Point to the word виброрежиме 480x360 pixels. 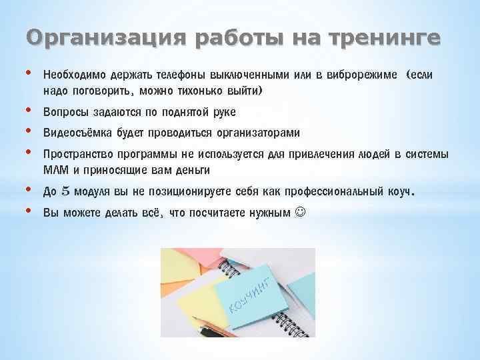pos(359,75)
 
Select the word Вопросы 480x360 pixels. pos(64,111)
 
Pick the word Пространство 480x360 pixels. pos(76,155)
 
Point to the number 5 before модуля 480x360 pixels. pos(65,192)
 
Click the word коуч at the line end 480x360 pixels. pos(399,192)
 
